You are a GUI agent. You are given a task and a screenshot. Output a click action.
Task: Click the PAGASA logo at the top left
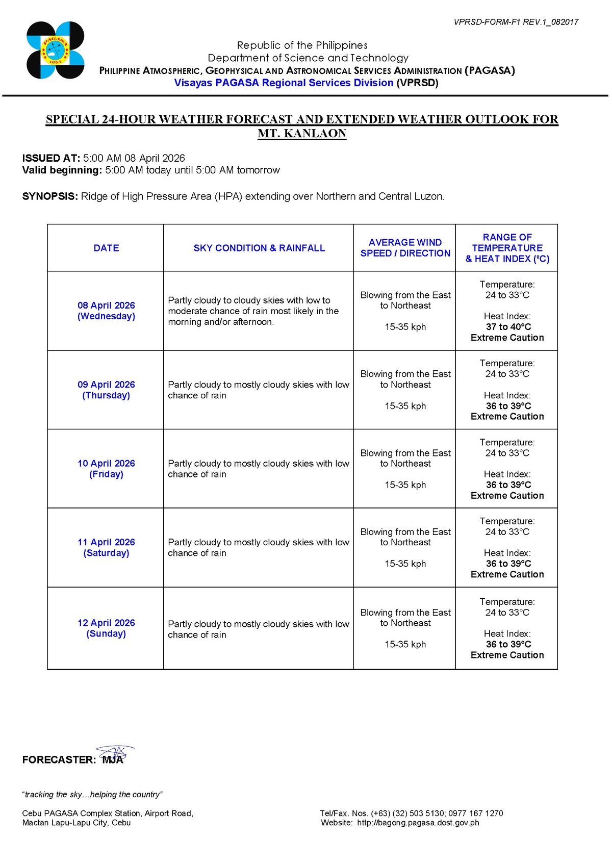pyautogui.click(x=55, y=50)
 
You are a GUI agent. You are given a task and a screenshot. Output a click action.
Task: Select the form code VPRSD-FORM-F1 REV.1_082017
pyautogui.click(x=516, y=22)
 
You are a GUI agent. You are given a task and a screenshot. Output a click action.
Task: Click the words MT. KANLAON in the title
pyautogui.click(x=302, y=134)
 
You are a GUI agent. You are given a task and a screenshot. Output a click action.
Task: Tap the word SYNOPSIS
pyautogui.click(x=49, y=196)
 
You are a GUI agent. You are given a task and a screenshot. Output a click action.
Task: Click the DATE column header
pyautogui.click(x=106, y=248)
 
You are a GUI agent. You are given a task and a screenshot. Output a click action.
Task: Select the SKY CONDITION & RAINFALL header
pyautogui.click(x=259, y=248)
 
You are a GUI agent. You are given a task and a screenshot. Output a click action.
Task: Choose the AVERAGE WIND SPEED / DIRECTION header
pyautogui.click(x=405, y=248)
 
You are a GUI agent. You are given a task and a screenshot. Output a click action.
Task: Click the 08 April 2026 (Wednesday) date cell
pyautogui.click(x=106, y=311)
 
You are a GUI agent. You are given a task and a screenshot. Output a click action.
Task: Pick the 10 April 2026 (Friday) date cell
pyautogui.click(x=106, y=469)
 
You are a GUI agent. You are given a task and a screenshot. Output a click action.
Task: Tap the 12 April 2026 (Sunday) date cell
pyautogui.click(x=106, y=628)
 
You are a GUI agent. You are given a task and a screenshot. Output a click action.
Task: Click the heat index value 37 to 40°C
pyautogui.click(x=508, y=327)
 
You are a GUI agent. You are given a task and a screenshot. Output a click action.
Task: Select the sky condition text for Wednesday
pyautogui.click(x=253, y=311)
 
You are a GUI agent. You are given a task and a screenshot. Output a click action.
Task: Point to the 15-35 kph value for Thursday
pyautogui.click(x=405, y=406)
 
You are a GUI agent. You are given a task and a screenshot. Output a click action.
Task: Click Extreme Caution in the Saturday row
pyautogui.click(x=507, y=574)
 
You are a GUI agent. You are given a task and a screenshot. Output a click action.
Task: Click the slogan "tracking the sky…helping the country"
pyautogui.click(x=92, y=794)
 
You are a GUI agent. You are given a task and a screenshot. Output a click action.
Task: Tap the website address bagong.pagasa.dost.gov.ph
pyautogui.click(x=418, y=822)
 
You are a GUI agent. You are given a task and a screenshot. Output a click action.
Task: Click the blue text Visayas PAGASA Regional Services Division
pyautogui.click(x=284, y=83)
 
